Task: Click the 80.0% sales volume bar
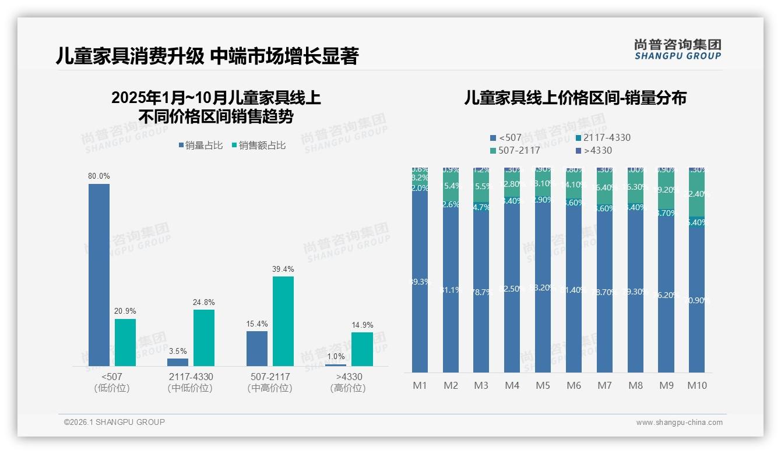coord(99,275)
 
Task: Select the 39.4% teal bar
coord(283,321)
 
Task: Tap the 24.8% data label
coord(204,302)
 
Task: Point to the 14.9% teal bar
coord(362,349)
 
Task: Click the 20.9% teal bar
coord(125,342)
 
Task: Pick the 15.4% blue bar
coord(257,348)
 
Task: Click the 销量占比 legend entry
coord(200,146)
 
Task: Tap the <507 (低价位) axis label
coord(112,382)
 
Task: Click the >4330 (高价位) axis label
coord(348,382)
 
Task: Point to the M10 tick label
coord(696,385)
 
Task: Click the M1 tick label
coord(420,385)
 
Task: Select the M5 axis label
coord(543,385)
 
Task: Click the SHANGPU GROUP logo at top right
coord(677,49)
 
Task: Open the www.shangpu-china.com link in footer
coord(679,423)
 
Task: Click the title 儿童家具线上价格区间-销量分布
coord(575,98)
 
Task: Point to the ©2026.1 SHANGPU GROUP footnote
coord(114,422)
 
